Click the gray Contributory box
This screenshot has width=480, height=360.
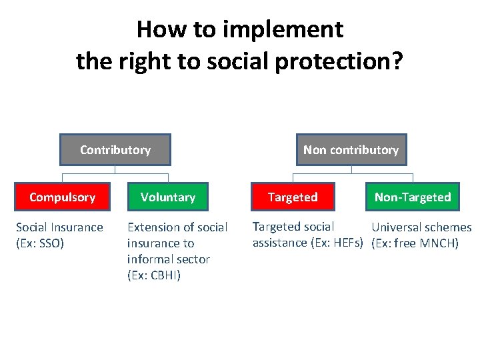tap(115, 150)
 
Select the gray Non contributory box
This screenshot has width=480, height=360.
tap(351, 150)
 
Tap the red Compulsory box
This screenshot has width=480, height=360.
tap(62, 197)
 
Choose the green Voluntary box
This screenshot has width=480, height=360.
tap(168, 197)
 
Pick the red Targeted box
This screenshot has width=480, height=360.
tap(293, 197)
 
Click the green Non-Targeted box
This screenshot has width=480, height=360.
tap(413, 197)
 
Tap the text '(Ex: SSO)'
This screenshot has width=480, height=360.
tap(40, 243)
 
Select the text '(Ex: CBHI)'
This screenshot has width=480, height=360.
tap(154, 275)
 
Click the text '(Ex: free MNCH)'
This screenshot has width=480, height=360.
tap(414, 243)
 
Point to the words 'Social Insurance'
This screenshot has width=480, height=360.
tap(59, 227)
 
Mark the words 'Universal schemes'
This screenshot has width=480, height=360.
tap(421, 227)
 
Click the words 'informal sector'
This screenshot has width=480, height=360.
tap(168, 259)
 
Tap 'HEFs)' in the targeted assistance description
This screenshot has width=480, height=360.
tap(347, 243)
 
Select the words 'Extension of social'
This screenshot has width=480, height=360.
tap(177, 227)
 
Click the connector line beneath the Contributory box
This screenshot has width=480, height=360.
tap(115, 174)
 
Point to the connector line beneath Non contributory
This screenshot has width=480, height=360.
tap(351, 174)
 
